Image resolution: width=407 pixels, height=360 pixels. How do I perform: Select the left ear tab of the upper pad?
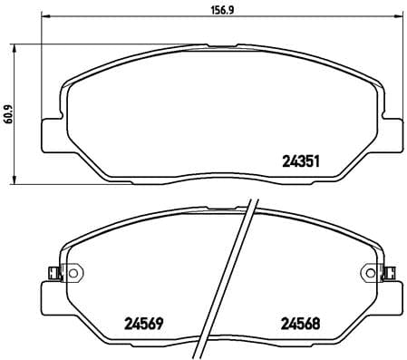pos(53,132)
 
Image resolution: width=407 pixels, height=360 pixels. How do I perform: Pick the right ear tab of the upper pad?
pos(392,132)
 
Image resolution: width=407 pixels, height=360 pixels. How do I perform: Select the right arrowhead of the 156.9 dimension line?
pos(400,24)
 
